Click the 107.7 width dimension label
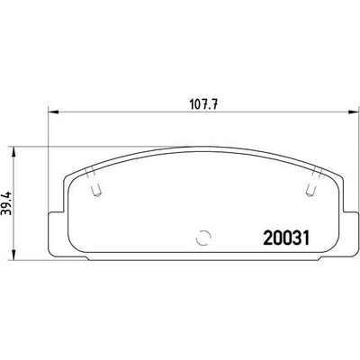click(203, 104)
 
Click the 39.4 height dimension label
click(5, 203)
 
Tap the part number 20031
click(286, 238)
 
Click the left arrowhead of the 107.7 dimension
click(53, 112)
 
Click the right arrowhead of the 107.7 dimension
click(353, 112)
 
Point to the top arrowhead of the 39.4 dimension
click(13, 151)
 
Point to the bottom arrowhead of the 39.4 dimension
click(13, 255)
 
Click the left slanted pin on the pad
click(94, 183)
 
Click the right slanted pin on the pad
click(313, 183)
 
